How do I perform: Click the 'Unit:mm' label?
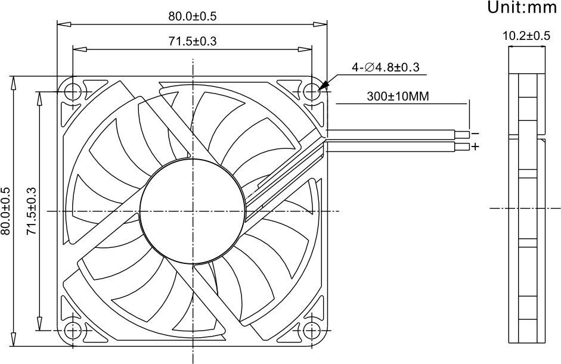pos(522,7)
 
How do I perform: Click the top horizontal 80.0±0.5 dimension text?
pos(193,17)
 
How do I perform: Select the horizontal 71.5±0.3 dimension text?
pos(193,42)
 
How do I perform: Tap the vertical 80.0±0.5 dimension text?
pos(6,211)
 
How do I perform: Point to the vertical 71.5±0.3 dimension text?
pos(32,211)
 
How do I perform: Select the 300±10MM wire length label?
pos(398,96)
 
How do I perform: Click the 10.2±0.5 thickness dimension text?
pos(526,36)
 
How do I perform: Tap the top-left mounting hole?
pos(73,92)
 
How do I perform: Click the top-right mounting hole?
pos(312,92)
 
